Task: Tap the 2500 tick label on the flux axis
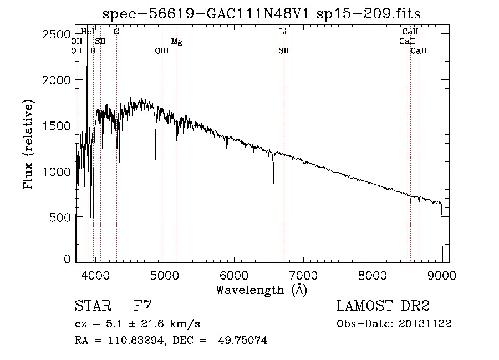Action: click(57, 34)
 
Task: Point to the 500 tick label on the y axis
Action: click(63, 217)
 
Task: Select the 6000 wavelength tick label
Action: click(233, 275)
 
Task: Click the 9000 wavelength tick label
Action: click(442, 275)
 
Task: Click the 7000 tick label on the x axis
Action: click(303, 275)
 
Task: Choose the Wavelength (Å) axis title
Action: click(261, 290)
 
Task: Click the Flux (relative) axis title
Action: click(28, 144)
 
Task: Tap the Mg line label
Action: click(176, 42)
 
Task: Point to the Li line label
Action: click(283, 32)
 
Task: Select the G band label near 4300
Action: click(116, 32)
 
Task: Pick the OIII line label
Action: click(161, 51)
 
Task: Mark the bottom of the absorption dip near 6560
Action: click(273, 182)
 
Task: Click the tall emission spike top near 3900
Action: click(87, 67)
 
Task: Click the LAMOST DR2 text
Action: click(383, 306)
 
